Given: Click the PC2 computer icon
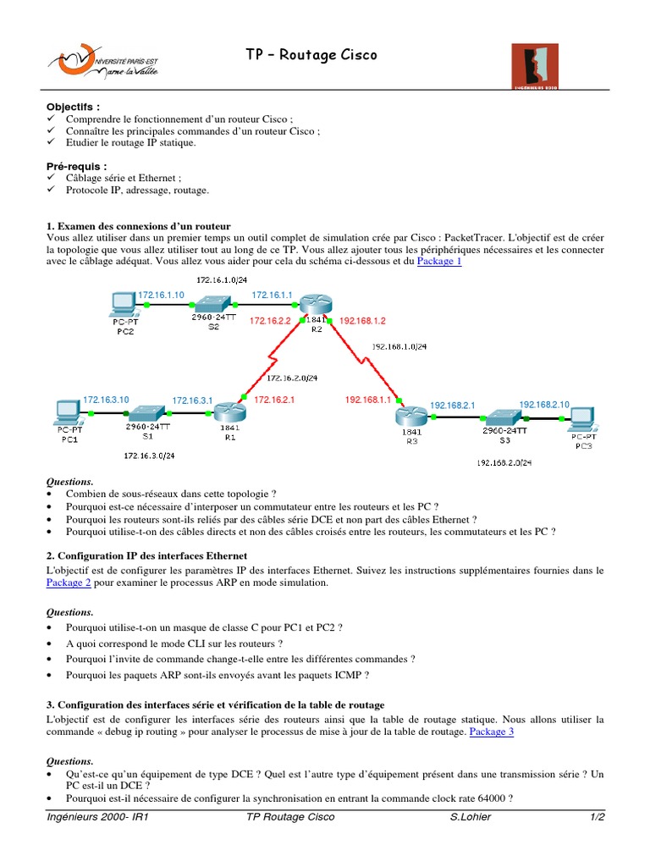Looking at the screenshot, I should click(x=124, y=301).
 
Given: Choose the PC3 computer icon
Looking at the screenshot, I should click(x=583, y=417).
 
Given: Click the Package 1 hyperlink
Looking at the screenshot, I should click(x=439, y=262).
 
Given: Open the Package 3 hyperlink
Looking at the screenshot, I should click(x=491, y=731).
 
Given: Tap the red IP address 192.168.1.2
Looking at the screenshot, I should click(x=361, y=321).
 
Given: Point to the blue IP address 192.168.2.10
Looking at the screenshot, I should click(x=544, y=404).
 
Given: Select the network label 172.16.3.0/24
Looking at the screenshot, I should click(x=149, y=456).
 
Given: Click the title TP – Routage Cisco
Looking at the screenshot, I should click(x=311, y=55).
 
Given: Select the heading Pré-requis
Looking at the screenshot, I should click(x=77, y=167).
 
